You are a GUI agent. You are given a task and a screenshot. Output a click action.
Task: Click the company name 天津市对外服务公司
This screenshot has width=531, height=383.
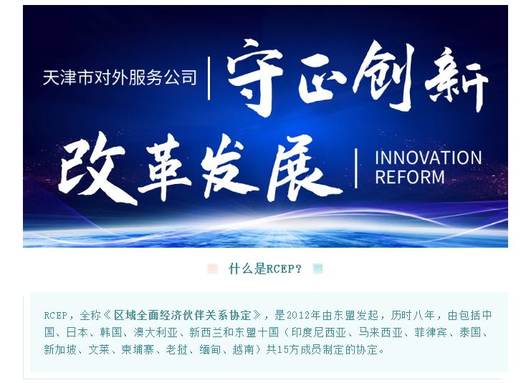[x=119, y=77]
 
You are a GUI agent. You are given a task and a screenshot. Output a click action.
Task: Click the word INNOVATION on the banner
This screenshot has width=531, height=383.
[x=428, y=157]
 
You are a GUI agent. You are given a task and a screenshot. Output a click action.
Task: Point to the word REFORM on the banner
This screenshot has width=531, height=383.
[x=410, y=177]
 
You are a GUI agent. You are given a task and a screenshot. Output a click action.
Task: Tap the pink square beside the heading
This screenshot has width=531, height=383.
[x=212, y=269]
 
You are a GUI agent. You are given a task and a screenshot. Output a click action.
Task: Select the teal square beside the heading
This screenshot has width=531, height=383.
[x=318, y=269]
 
